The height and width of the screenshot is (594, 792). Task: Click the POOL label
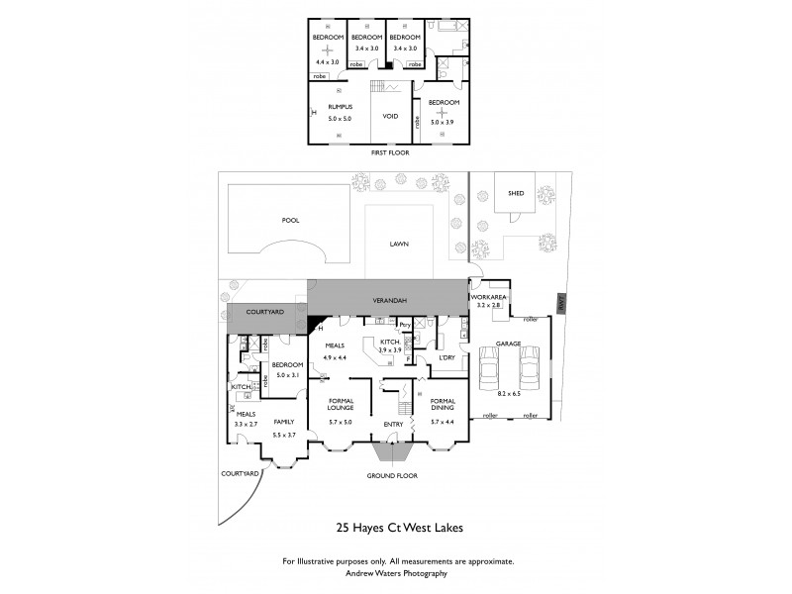(289, 220)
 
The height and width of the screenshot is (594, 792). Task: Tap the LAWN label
(399, 244)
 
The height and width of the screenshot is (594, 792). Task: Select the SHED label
(516, 194)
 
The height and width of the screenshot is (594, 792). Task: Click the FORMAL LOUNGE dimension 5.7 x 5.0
(341, 422)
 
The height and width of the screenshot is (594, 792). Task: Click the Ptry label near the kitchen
(405, 324)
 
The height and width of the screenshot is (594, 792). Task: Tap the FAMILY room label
(283, 420)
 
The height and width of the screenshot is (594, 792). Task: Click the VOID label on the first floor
(390, 116)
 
